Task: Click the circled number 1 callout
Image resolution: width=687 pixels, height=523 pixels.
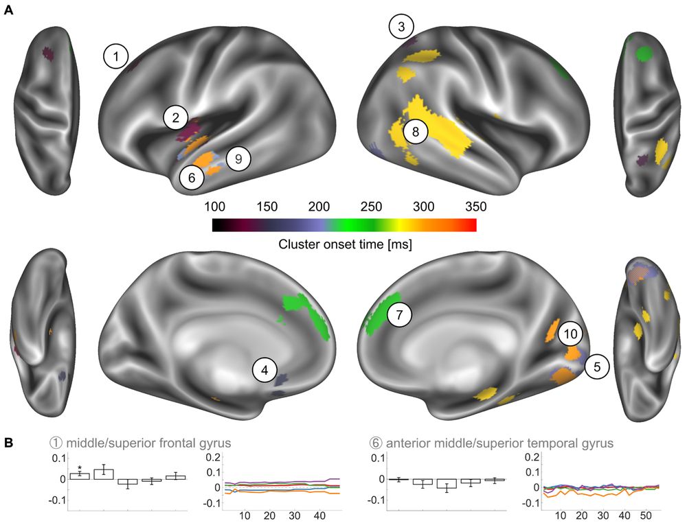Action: pyautogui.click(x=116, y=56)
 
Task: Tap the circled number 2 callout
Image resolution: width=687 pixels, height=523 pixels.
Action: pyautogui.click(x=176, y=118)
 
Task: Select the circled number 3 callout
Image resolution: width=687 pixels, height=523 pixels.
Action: pyautogui.click(x=401, y=27)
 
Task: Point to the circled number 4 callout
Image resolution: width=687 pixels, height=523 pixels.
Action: pyautogui.click(x=264, y=370)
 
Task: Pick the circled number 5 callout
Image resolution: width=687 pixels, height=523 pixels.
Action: pyautogui.click(x=597, y=367)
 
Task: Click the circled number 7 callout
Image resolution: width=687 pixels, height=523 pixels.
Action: pyautogui.click(x=398, y=314)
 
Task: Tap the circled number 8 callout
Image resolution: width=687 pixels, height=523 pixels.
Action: pyautogui.click(x=416, y=132)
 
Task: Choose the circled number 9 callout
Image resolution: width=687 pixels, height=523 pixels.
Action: pyautogui.click(x=238, y=159)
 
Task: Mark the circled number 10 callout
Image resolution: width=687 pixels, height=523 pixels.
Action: pyautogui.click(x=570, y=334)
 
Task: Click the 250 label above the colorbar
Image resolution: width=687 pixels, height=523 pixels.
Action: pyautogui.click(x=371, y=207)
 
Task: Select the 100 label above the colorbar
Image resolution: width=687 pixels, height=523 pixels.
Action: pyautogui.click(x=214, y=207)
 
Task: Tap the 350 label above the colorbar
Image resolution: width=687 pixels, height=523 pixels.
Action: pyautogui.click(x=476, y=207)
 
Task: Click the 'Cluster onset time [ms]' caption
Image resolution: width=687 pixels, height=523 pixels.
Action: pyautogui.click(x=346, y=244)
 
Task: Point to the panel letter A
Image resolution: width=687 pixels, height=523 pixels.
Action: pyautogui.click(x=8, y=10)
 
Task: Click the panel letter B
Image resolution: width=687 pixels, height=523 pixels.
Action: pyautogui.click(x=8, y=443)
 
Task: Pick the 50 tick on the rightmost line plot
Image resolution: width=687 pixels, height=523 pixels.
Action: pyautogui.click(x=646, y=515)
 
